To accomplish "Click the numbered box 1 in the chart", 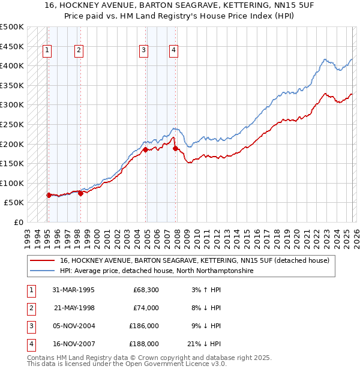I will click(x=47, y=51).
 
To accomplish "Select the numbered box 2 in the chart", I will click(x=79, y=51).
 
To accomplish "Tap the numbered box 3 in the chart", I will click(x=143, y=51).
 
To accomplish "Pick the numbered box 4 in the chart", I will click(x=173, y=51).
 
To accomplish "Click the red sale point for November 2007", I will click(x=175, y=148).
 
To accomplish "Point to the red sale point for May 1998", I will click(x=80, y=193).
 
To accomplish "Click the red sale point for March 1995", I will click(x=49, y=195).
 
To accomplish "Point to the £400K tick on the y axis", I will click(x=13, y=65).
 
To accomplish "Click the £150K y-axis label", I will click(x=13, y=163).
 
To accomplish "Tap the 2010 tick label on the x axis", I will click(x=196, y=235).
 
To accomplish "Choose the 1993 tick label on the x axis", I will click(x=28, y=235).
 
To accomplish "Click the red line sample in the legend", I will click(x=42, y=261).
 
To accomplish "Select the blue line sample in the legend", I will click(x=42, y=271).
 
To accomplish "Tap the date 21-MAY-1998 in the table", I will click(x=74, y=308).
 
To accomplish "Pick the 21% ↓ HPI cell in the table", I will click(x=203, y=344).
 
